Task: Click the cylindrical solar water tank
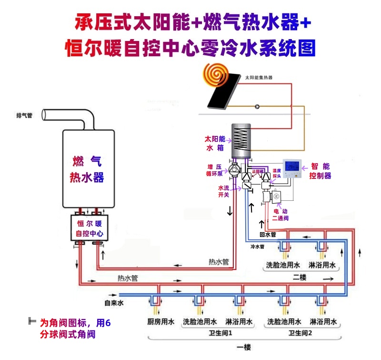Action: coord(241,141)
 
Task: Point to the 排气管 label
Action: coord(24,116)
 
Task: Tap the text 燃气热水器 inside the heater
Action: coord(87,169)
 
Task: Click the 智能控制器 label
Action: coord(320,171)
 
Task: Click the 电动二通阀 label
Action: coord(281,214)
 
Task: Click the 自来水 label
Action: coord(114,303)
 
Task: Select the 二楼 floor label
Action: coord(300,277)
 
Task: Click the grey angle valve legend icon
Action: coord(32,321)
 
